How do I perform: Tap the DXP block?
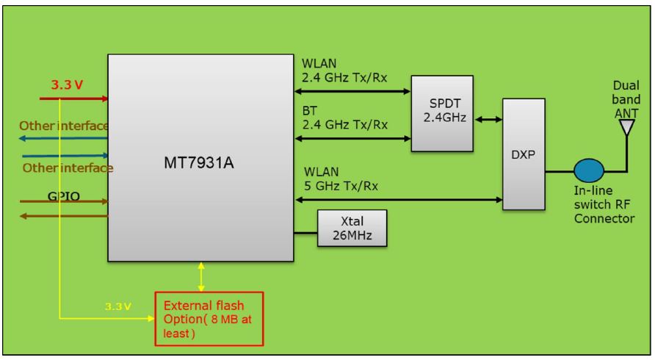pos(524,155)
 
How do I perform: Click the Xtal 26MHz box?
pos(352,228)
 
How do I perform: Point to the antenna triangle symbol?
pos(625,129)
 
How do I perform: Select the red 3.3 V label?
pos(67,84)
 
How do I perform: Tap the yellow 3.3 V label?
pos(117,306)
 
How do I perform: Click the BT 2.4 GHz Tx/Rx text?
pos(344,118)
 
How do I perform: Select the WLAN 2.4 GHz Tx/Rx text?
pos(344,70)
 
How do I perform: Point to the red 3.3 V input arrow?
pos(73,98)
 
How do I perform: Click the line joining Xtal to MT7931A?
pos(305,234)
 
